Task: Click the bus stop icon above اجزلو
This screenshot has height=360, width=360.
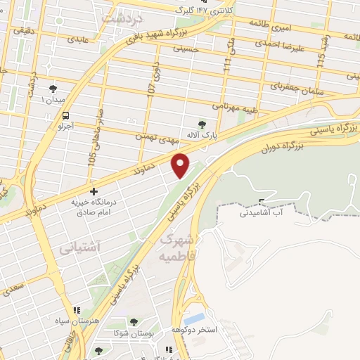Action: tap(65, 115)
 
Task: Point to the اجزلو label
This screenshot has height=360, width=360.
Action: tap(65, 127)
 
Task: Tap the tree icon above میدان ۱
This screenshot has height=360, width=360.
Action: tap(53, 89)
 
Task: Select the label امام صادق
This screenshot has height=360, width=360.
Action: tap(93, 212)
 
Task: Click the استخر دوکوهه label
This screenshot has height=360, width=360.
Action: tap(194, 328)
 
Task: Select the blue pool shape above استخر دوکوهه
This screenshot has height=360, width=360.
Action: tap(195, 317)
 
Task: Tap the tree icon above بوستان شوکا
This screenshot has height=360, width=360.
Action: tap(134, 322)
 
